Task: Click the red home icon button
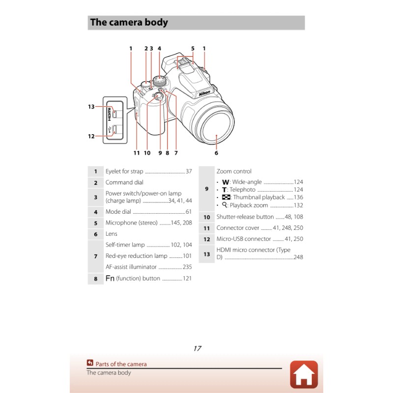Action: coord(304,374)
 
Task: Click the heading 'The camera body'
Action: coord(129,23)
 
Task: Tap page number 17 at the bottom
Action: coord(197,348)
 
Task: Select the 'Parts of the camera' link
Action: coord(121,364)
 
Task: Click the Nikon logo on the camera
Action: coord(205,93)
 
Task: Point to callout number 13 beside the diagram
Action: coord(91,107)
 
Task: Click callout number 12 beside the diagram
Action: coord(91,136)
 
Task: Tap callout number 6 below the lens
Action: coord(216,153)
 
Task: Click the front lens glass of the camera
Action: coord(214,129)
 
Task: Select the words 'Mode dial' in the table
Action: coord(118,212)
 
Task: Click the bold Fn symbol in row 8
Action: coord(110,279)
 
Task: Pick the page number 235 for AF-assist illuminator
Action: coord(187,267)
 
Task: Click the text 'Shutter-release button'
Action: coord(245,217)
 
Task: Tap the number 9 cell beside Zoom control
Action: coord(206,189)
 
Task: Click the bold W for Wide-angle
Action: coord(225,182)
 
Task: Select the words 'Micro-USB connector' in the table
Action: coord(244,239)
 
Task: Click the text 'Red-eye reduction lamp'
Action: coord(137,256)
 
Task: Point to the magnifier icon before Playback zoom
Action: coord(225,205)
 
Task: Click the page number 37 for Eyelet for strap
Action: coord(189,171)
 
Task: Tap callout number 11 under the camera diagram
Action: coord(137,153)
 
